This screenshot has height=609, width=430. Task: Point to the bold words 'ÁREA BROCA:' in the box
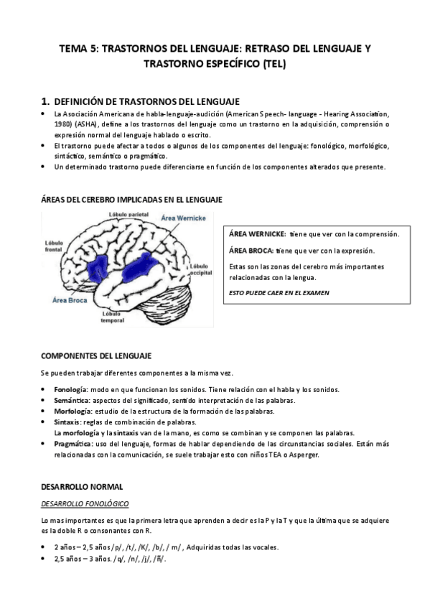tap(251, 251)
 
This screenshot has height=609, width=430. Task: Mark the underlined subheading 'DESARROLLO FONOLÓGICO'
tap(84, 503)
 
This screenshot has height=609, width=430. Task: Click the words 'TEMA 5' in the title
tap(78, 48)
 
